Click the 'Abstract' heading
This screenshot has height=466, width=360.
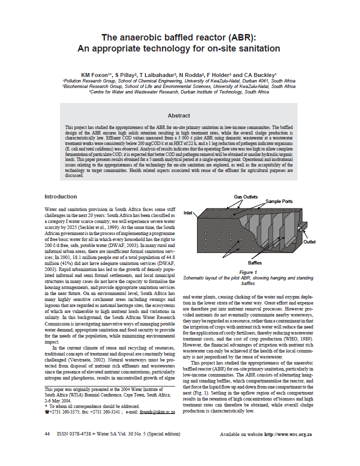[178, 115]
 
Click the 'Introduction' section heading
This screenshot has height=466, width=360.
[60, 196]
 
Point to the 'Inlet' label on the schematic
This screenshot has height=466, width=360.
[188, 212]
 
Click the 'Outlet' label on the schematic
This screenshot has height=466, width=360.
[309, 242]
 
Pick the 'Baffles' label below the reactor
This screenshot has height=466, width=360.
[255, 262]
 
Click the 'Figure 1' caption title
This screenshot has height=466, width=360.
[248, 271]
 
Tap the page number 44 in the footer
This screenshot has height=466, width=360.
[47, 434]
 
